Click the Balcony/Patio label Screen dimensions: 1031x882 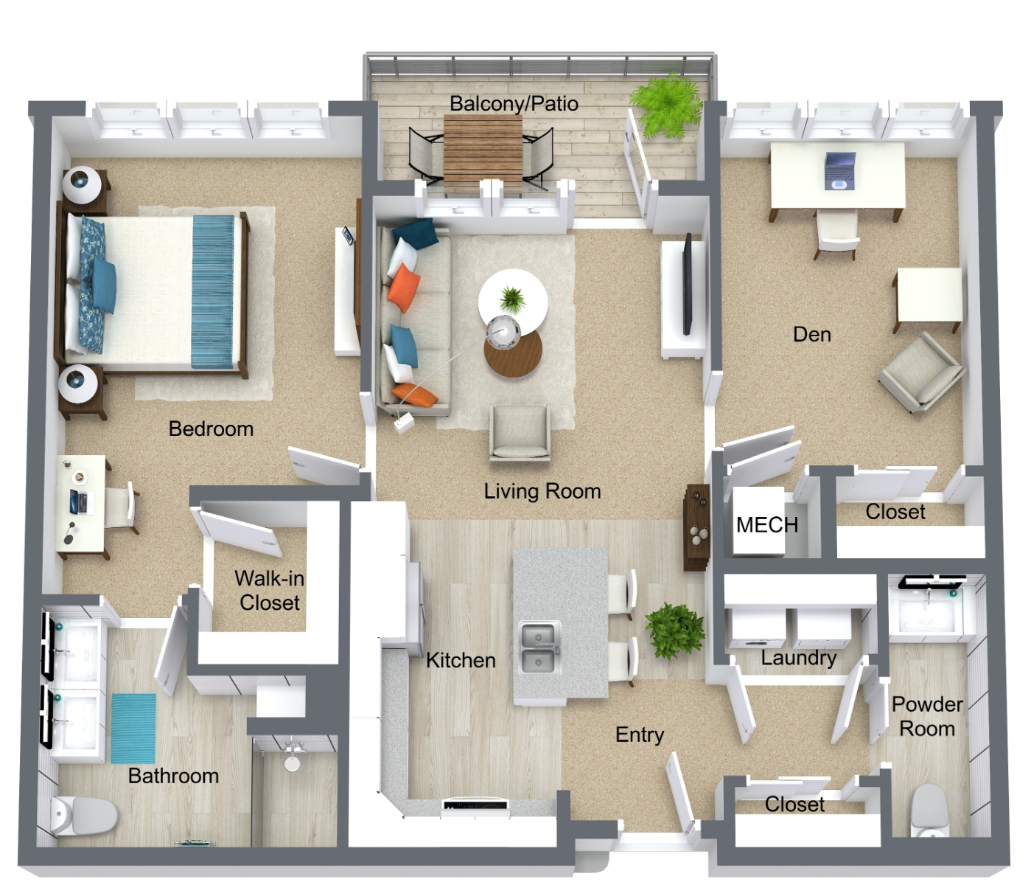514,104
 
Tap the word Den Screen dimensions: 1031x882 812,334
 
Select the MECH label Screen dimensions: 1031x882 767,524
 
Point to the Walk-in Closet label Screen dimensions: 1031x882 269,591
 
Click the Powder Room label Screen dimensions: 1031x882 927,716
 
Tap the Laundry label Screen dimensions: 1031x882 799,659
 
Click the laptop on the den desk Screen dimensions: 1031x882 840,171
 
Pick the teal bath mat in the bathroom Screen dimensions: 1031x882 133,729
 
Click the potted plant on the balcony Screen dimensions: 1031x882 667,105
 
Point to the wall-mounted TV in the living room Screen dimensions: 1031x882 688,283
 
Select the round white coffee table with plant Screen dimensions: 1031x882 513,299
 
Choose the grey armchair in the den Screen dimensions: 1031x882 922,372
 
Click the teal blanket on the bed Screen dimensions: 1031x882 213,292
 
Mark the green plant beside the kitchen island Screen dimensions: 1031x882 675,631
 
